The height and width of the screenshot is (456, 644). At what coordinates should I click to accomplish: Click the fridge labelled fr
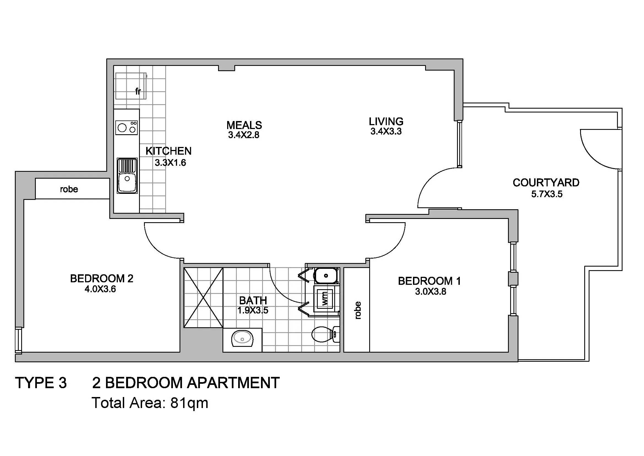pos(131,86)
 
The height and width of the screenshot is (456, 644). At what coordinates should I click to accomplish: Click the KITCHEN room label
pos(169,151)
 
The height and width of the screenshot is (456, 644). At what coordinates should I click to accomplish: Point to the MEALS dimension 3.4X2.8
pos(244,135)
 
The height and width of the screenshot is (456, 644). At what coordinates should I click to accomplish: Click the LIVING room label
pos(386,122)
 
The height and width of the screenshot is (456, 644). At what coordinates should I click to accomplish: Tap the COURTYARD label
pos(546,183)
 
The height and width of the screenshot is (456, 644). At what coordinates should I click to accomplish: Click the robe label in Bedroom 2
pos(69,189)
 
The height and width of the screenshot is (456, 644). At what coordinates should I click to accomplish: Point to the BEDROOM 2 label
pos(102,278)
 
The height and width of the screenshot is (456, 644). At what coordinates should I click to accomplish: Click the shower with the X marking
pos(203,298)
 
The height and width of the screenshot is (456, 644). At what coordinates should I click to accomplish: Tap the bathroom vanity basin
pos(242,339)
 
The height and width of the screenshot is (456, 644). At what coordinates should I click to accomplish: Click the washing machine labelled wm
pos(325,299)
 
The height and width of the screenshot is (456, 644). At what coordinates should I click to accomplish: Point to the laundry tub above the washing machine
pos(326,276)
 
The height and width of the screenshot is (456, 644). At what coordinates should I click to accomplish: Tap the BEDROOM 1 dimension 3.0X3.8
pos(431,292)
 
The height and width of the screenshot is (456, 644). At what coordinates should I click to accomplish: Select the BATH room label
pos(253,301)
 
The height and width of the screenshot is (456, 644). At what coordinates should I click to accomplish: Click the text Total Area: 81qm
pos(150,403)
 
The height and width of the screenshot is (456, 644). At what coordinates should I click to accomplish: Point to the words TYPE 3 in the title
pos(41,383)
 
